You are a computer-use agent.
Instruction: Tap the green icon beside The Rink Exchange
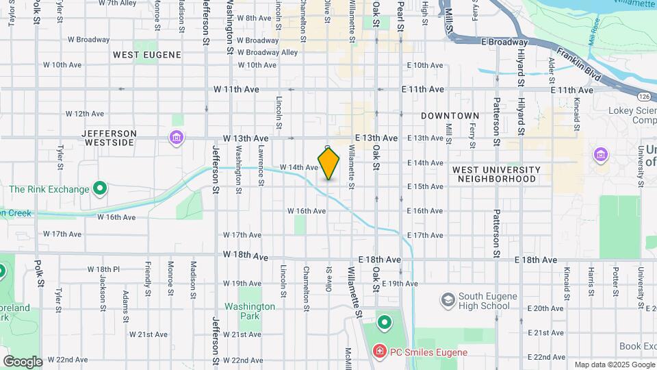click(x=100, y=188)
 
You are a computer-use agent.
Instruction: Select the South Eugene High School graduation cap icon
click(x=448, y=300)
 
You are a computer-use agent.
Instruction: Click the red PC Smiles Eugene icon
click(x=379, y=352)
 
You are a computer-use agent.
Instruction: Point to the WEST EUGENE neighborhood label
click(x=147, y=55)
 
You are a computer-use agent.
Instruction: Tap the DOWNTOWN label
click(x=450, y=116)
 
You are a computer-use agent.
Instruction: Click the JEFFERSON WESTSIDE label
click(x=109, y=138)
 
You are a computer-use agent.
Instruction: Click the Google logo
click(x=23, y=362)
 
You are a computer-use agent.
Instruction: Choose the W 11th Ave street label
click(x=236, y=89)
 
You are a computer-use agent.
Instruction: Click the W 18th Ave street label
click(x=245, y=256)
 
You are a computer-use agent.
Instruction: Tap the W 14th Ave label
click(x=299, y=167)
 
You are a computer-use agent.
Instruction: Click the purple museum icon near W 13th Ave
click(x=177, y=138)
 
